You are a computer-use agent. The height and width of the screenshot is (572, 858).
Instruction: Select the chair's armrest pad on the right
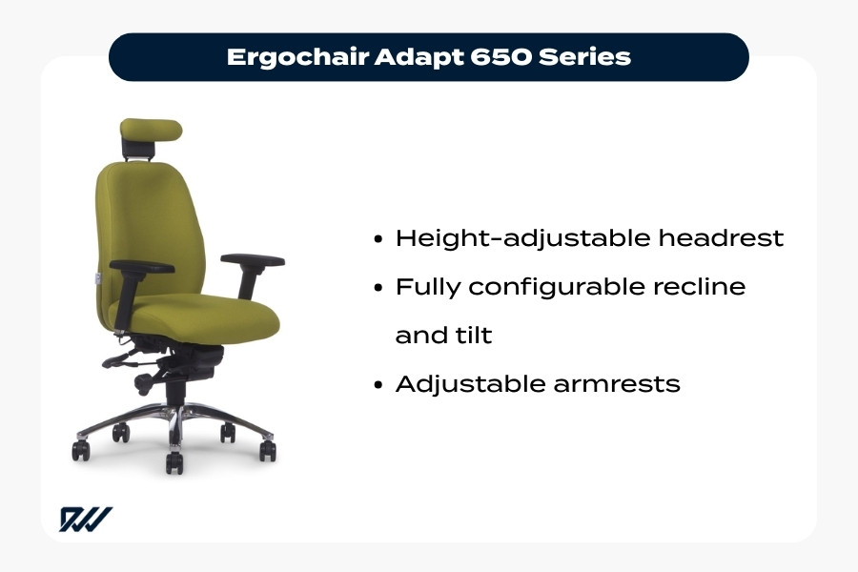pyautogui.click(x=253, y=259)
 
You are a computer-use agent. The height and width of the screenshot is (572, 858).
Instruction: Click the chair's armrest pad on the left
pyautogui.click(x=142, y=267)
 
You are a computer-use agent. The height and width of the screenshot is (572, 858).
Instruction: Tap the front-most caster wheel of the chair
pyautogui.click(x=174, y=463)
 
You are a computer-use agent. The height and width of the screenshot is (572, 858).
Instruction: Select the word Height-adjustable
pyautogui.click(x=523, y=238)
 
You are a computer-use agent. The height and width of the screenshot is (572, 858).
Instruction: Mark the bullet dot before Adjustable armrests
pyautogui.click(x=380, y=385)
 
